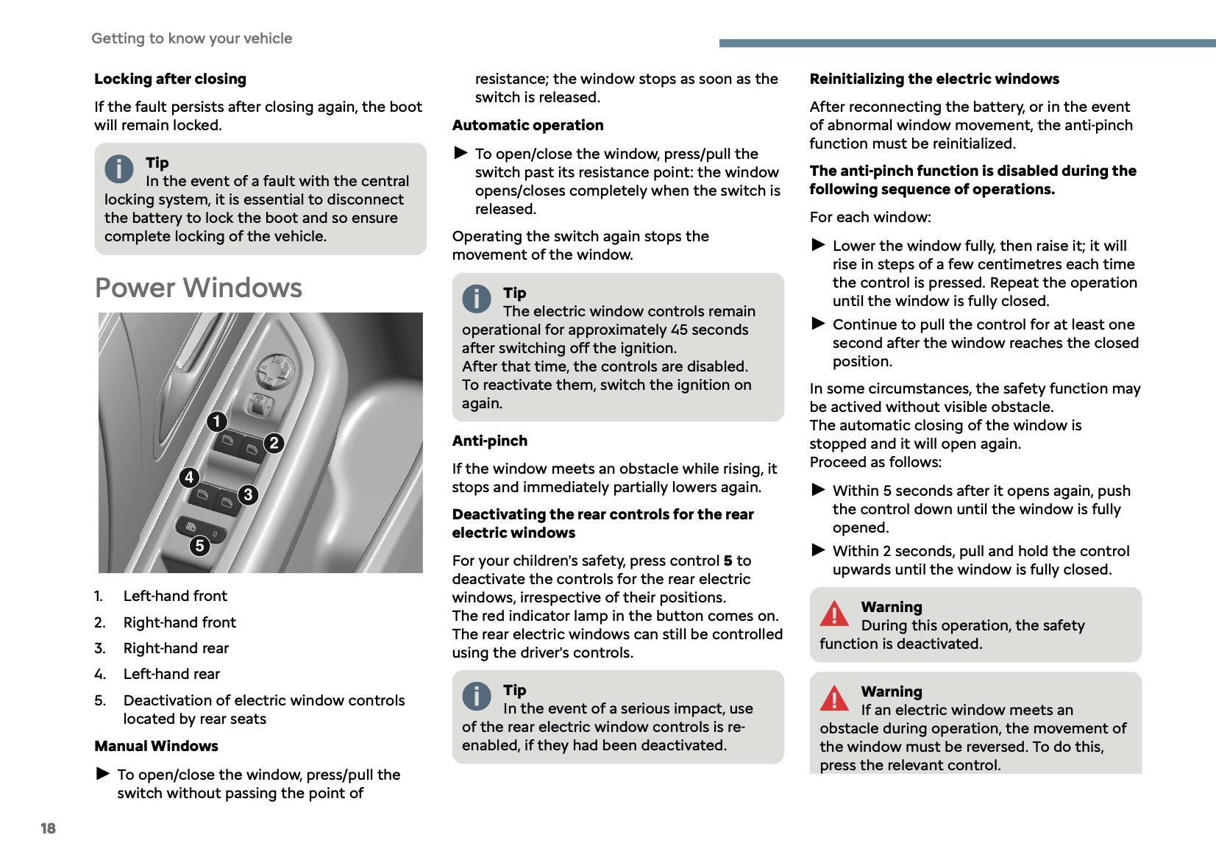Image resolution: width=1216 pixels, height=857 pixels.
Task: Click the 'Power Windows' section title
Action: (199, 288)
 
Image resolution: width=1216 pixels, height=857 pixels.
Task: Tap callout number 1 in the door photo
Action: (216, 422)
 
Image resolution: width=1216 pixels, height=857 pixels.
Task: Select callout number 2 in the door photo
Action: (274, 443)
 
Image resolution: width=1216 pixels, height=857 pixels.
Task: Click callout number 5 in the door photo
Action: (199, 546)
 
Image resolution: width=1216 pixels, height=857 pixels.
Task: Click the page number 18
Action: (48, 828)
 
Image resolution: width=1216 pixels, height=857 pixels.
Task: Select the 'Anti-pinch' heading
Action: (489, 441)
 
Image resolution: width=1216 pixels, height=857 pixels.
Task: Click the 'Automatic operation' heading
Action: (527, 125)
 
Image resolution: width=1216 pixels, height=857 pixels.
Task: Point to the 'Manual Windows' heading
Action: (156, 746)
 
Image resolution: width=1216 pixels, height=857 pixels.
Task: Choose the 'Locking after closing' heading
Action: (170, 79)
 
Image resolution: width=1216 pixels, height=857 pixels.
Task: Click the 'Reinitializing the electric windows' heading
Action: (934, 79)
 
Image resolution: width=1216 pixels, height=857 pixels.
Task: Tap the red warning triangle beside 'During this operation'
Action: (834, 614)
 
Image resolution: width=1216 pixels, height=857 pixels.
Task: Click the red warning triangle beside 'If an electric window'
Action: (834, 698)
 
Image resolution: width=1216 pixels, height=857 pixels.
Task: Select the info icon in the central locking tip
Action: (119, 169)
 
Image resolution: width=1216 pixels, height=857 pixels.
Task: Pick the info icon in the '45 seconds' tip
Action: (477, 299)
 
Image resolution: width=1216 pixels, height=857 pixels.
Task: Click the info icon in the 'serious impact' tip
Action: (477, 696)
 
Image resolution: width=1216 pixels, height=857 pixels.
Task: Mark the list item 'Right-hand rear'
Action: (176, 648)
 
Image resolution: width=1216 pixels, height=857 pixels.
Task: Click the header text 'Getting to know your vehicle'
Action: (191, 38)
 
